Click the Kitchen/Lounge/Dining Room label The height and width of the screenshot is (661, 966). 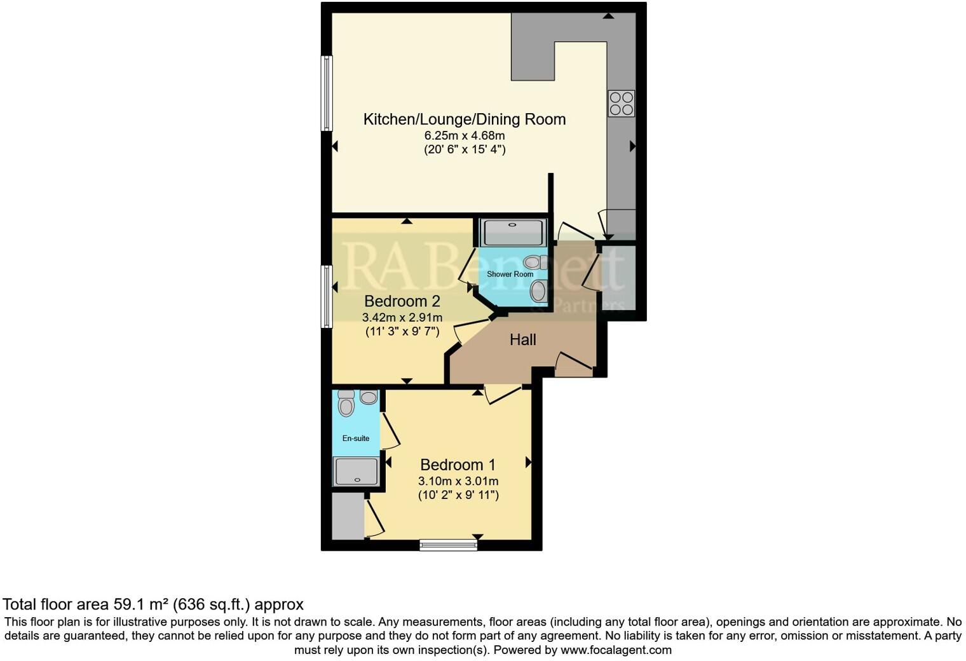pos(464,119)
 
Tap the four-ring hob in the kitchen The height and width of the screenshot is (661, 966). pos(621,104)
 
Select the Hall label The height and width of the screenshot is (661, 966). pos(522,340)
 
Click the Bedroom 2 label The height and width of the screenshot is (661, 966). pos(402,301)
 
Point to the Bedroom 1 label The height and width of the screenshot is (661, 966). pos(458,465)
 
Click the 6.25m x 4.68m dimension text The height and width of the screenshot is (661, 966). pos(464,135)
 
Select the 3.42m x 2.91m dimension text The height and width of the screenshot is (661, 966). pos(402,317)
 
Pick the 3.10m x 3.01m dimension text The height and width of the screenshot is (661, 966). pos(458,481)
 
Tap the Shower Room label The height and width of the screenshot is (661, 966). pos(510,274)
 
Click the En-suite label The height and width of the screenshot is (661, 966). pos(355,438)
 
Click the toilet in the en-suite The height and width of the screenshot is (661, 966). pos(346,404)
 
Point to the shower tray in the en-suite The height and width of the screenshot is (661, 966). pos(356,472)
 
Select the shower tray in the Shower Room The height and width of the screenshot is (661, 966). pos(514,232)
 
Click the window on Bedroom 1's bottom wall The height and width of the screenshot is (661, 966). pos(448,545)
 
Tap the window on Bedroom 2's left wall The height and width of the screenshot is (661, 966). pos(327,296)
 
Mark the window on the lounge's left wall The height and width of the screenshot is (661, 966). pos(327,93)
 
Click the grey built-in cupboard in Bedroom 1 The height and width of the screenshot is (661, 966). pos(348,517)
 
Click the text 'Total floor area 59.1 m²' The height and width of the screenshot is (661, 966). pos(86,604)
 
